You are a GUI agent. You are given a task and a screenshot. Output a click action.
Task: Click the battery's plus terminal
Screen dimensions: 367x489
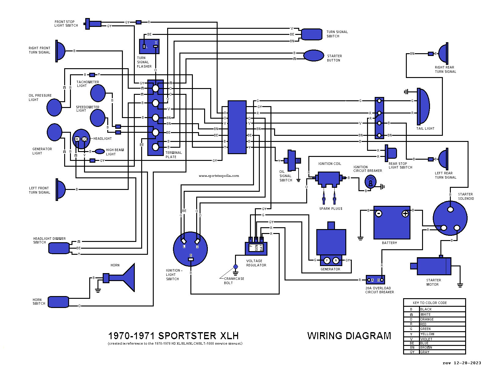coord(405,214)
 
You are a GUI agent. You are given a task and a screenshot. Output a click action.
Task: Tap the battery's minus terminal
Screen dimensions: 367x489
coord(379,214)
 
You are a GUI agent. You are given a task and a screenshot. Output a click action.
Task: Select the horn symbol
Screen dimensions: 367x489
coord(125,278)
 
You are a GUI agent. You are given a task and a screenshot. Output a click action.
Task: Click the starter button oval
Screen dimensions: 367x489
coord(314,56)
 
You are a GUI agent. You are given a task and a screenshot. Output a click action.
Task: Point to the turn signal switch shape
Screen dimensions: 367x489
coord(311,34)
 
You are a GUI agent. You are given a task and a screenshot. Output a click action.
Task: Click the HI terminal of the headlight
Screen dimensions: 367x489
coord(77,139)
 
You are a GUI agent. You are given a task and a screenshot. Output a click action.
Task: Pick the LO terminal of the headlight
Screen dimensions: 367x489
coord(85,139)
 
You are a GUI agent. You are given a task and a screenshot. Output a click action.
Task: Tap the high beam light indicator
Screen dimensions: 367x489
coord(100,151)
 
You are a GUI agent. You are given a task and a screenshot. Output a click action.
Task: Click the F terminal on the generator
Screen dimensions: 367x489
coord(327,261)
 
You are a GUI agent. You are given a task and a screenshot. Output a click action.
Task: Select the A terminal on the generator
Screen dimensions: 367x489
coord(336,261)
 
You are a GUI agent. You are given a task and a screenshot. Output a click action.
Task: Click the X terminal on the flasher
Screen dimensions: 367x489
coord(156,46)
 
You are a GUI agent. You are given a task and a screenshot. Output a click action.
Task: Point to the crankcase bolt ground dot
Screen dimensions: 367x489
coord(236,267)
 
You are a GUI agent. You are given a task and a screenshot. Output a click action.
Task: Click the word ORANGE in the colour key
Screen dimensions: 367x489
coord(427,319)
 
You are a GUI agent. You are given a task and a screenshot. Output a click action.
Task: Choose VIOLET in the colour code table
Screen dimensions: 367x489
coord(426,339)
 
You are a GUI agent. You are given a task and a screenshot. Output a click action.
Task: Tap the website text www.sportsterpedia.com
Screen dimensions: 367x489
coord(219,176)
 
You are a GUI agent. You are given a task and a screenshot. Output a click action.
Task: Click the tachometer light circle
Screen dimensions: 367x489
coord(98,93)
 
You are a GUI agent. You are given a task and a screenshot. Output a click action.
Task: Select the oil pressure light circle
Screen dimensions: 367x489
coord(54,107)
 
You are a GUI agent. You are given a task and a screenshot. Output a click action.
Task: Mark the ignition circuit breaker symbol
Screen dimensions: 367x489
coord(370,182)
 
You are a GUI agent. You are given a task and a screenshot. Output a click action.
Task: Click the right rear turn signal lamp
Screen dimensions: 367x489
coord(443,54)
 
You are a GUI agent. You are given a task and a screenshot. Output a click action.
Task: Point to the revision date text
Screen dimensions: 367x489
coord(462,363)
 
